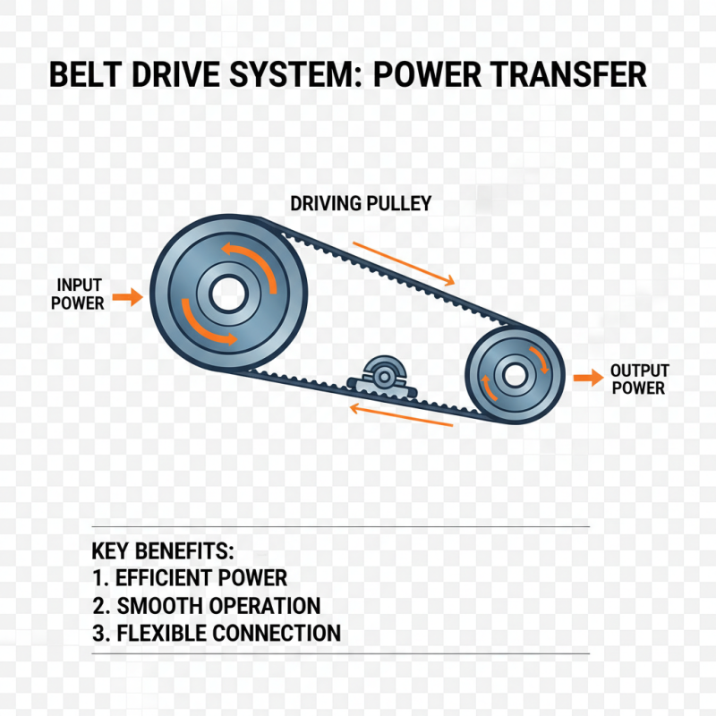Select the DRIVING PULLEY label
[x=361, y=204]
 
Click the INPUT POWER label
[x=78, y=294]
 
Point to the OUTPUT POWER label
[x=639, y=379]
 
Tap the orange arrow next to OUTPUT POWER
[x=587, y=379]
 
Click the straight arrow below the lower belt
[x=400, y=414]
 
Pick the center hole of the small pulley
[x=514, y=375]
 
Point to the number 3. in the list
[x=100, y=634]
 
